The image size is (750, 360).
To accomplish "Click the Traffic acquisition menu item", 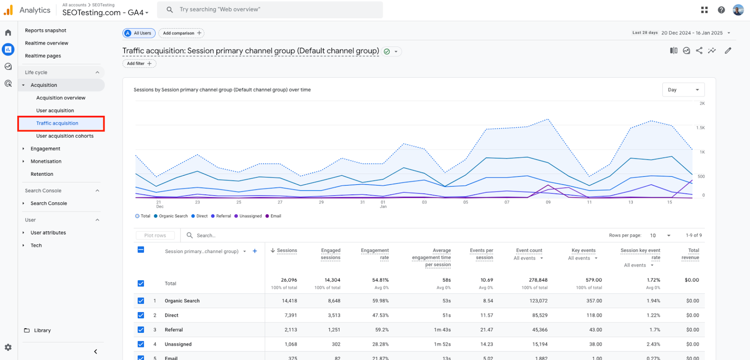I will (57, 123).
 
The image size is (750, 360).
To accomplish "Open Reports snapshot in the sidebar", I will (45, 30).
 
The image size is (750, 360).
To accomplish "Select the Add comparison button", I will (182, 33).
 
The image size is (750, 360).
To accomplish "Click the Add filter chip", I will (139, 64).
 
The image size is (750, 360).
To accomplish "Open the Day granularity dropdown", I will (683, 90).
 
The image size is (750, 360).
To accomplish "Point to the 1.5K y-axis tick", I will (700, 127).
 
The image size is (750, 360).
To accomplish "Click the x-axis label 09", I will (548, 202).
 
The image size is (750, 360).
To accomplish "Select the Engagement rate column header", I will (375, 254).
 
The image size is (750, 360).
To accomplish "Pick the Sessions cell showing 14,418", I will (289, 301).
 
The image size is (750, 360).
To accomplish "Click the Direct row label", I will (172, 315).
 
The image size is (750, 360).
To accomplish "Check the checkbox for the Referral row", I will (141, 330).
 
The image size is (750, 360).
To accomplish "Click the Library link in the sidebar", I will (42, 330).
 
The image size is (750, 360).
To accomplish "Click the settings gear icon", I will (8, 347).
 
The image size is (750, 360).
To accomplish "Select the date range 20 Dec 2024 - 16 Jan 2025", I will (692, 33).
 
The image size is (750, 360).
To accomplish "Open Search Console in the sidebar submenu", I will (49, 203).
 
